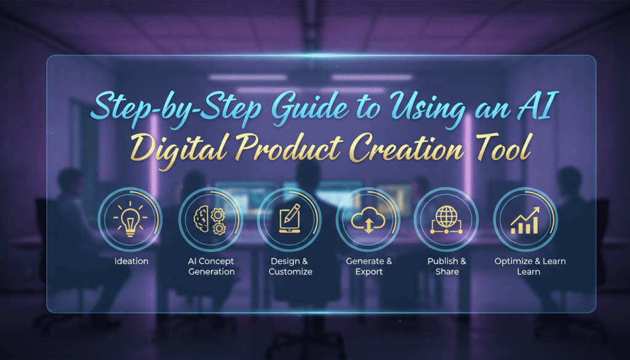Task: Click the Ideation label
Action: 131,262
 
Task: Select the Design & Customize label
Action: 290,266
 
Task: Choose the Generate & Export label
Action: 369,266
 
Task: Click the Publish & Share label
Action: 447,266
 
